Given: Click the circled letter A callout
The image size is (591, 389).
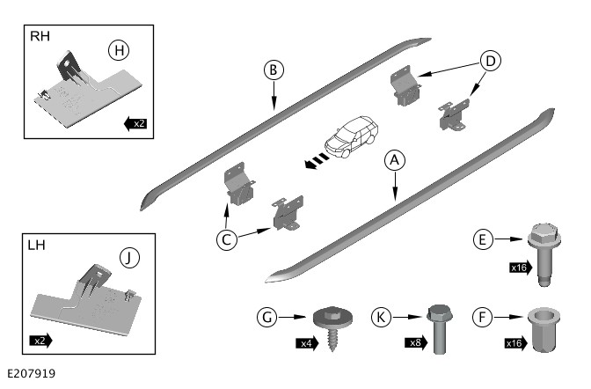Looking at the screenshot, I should (x=395, y=160).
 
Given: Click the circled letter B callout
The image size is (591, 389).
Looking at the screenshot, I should (x=274, y=69).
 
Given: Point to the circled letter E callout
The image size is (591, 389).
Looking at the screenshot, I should (x=479, y=239).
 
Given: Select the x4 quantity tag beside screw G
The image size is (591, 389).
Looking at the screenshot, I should (x=305, y=344).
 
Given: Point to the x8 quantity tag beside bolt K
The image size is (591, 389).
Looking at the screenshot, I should (x=415, y=342).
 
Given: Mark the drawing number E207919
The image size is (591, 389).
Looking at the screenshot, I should (x=30, y=375).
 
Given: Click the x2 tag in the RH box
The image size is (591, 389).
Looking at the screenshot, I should (x=135, y=123).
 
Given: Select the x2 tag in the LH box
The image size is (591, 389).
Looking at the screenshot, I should (x=41, y=339).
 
